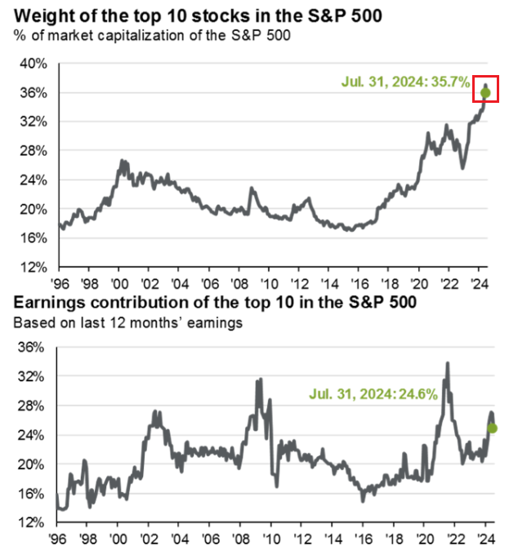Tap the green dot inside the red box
485,93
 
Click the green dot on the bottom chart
493,428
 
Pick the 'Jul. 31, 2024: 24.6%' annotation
374,393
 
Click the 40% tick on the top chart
35,64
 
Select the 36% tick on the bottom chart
35,347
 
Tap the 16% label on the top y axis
35,238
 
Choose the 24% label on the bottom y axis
35,435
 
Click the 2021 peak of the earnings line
447,364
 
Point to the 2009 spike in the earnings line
260,380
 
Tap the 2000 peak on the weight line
123,162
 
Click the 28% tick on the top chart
35,151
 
